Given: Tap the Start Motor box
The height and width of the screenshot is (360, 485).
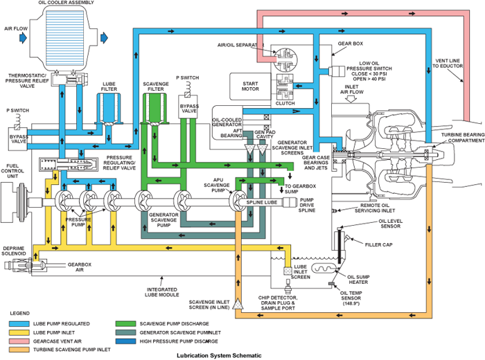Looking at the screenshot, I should [x=251, y=85].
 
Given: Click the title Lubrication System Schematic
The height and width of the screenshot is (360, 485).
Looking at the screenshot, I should [x=220, y=355].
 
